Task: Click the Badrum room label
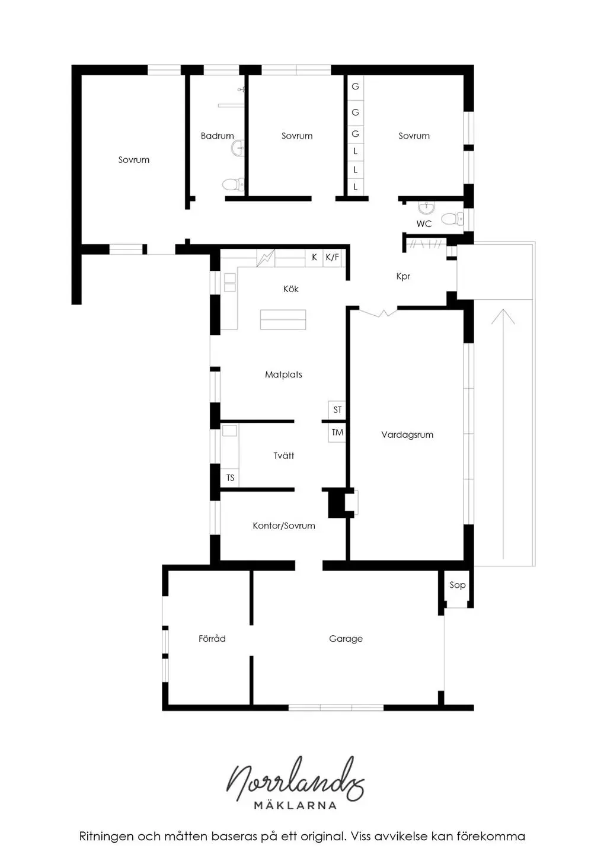(218, 136)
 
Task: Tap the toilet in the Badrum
(234, 185)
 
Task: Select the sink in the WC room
(426, 208)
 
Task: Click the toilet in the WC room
(452, 219)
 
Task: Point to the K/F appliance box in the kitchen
(332, 257)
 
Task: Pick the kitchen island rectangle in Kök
(283, 319)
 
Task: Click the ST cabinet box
(337, 410)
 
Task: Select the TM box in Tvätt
(337, 433)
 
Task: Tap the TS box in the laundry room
(230, 478)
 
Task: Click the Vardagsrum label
(407, 435)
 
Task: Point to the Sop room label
(458, 585)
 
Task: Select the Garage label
(346, 639)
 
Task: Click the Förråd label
(212, 638)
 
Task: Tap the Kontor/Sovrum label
(284, 526)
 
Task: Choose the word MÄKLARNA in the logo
(295, 805)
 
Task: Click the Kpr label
(403, 277)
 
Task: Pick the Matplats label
(283, 374)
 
